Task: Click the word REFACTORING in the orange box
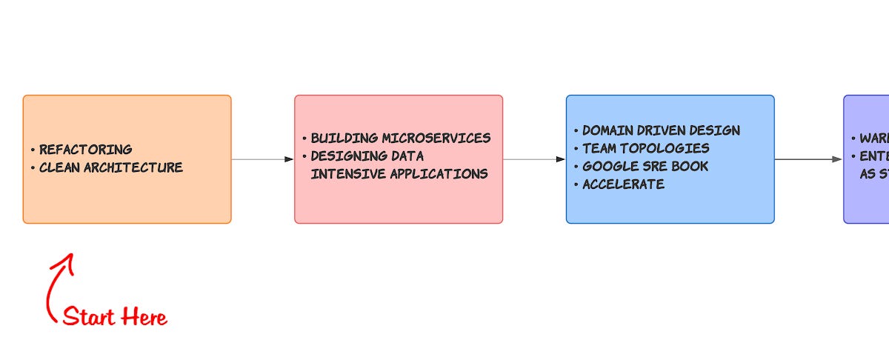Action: [x=85, y=150]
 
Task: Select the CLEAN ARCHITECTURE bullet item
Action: [x=110, y=167]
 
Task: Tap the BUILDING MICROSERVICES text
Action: [x=400, y=139]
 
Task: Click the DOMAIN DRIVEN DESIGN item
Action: [x=661, y=130]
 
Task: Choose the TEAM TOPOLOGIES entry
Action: [x=645, y=148]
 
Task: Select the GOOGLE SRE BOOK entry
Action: [x=645, y=167]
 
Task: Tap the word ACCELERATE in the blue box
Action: [x=623, y=184]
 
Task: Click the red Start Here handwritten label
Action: [x=115, y=318]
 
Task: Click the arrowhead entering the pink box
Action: [x=289, y=159]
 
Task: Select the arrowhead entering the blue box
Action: [x=561, y=159]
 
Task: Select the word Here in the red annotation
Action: [x=145, y=318]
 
